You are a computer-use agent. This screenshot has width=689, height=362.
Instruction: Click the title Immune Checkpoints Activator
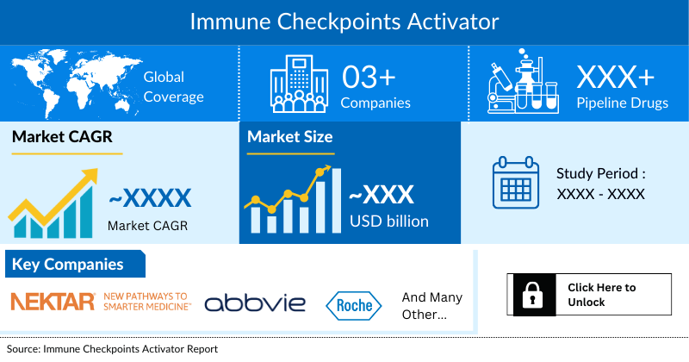[x=344, y=18]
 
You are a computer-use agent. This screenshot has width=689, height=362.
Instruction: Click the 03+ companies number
[x=369, y=77]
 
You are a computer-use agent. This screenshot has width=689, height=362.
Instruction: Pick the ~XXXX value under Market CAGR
[x=150, y=198]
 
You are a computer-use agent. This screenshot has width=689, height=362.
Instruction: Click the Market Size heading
[x=289, y=136]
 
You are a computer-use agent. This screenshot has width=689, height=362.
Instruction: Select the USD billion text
[x=388, y=222]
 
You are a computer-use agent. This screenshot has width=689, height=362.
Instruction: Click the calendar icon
[x=516, y=183]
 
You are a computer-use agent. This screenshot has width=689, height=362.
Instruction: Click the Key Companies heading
[x=67, y=265]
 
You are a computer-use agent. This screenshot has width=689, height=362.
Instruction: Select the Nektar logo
[x=100, y=301]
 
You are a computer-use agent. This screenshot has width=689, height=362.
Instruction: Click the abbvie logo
[x=255, y=303]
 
